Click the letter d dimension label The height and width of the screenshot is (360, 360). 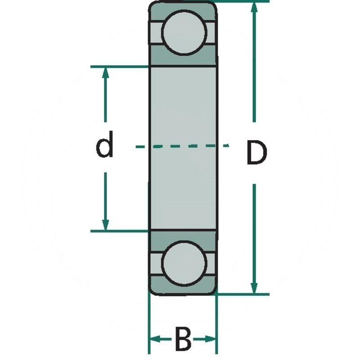click(104, 145)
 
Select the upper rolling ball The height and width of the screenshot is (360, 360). click(184, 32)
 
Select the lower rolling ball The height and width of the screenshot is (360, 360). click(184, 264)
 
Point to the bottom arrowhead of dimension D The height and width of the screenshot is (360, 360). click(254, 288)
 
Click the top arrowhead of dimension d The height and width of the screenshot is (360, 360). click(106, 73)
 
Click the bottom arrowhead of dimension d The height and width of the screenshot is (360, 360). click(106, 225)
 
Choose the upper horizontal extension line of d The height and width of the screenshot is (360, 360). click(119, 67)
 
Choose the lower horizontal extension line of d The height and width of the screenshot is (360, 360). click(119, 231)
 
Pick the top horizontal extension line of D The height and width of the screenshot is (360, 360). click(243, 1)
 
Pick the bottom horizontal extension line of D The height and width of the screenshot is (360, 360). click(243, 294)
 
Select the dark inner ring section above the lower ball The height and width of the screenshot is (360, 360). click(183, 236)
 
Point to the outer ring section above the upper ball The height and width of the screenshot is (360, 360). click(183, 6)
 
